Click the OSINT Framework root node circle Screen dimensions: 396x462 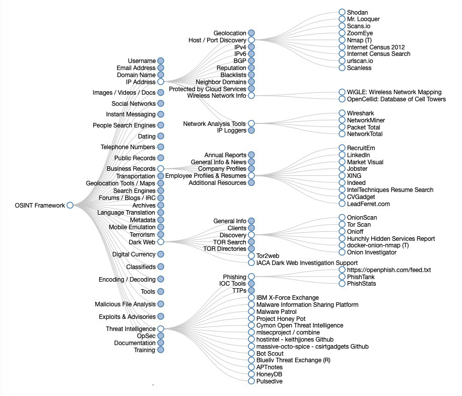pos(70,205)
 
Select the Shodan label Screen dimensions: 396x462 pos(357,12)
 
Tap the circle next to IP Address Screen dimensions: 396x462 pos(160,82)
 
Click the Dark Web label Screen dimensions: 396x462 pos(142,242)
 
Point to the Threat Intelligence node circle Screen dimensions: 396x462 pos(160,329)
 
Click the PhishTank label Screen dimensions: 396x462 pos(361,277)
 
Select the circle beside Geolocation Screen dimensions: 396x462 pos(251,33)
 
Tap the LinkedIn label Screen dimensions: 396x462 pos(358,155)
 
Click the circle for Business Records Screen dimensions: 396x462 pos(160,169)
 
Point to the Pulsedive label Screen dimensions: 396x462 pos(270,381)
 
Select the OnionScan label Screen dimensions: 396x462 pos(362,218)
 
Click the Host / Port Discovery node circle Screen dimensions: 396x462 pos(251,40)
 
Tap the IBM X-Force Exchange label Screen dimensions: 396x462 pos(287,298)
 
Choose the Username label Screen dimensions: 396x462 pos(142,61)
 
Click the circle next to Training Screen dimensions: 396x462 pos(160,350)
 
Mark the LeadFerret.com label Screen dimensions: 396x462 pos(368,204)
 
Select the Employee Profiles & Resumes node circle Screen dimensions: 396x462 pos(251,176)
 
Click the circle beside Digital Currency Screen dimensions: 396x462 pos(160,254)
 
